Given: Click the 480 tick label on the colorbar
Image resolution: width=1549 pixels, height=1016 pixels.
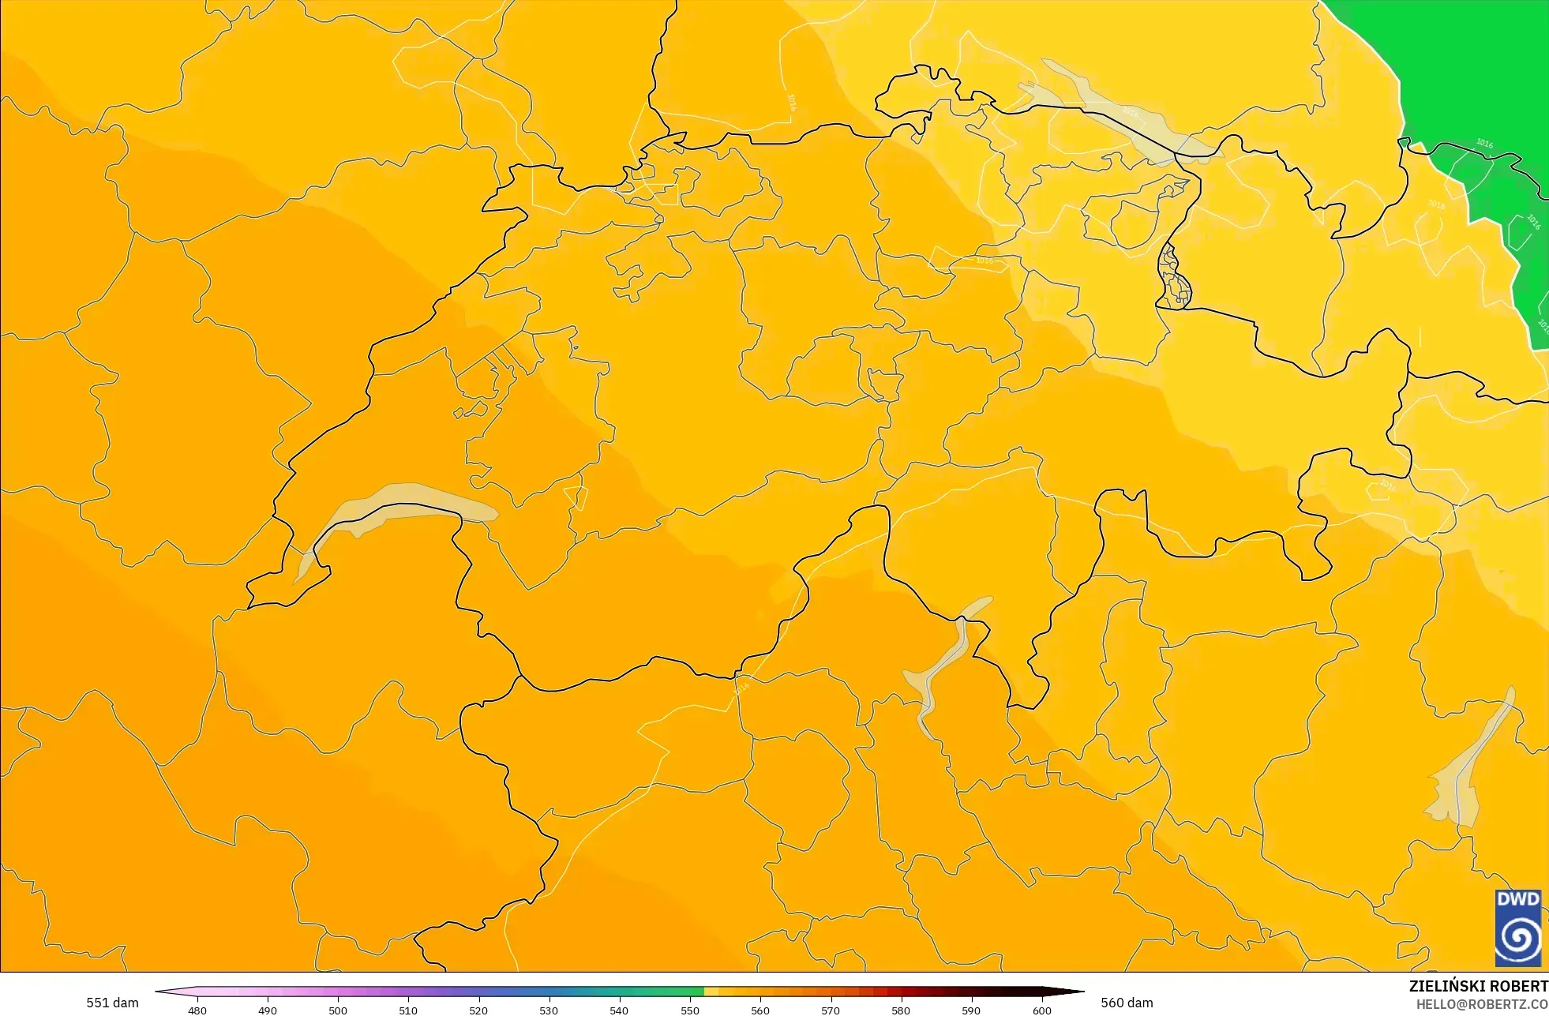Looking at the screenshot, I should click(x=197, y=1010).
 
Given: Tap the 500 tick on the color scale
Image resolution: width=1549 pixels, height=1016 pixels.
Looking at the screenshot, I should click(x=338, y=1010).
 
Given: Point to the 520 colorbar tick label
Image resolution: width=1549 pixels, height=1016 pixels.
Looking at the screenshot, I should click(x=478, y=1010).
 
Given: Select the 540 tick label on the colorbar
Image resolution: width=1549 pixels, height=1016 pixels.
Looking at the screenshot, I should click(x=619, y=1010).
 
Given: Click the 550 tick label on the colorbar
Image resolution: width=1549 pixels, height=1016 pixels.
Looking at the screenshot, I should click(x=690, y=1010).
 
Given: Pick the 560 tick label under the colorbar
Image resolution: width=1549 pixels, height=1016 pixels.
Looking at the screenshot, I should click(x=760, y=1010).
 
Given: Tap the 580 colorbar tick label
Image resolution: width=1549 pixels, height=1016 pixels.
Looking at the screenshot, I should click(x=901, y=1010).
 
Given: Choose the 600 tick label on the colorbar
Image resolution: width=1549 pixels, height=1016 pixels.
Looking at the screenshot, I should click(x=1042, y=1010).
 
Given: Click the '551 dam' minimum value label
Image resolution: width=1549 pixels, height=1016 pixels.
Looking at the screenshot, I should click(x=112, y=1003).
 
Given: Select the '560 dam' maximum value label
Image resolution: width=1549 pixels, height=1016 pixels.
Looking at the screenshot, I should click(x=1127, y=1003).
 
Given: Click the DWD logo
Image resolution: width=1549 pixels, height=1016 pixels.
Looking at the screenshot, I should click(x=1517, y=928).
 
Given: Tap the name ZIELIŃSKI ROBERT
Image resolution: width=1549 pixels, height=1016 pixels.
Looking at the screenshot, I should click(x=1478, y=986).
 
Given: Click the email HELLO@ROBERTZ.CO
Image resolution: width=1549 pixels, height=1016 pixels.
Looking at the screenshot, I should click(x=1481, y=1004).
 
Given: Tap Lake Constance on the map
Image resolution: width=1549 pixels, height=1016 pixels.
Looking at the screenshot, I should click(x=1121, y=111).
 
